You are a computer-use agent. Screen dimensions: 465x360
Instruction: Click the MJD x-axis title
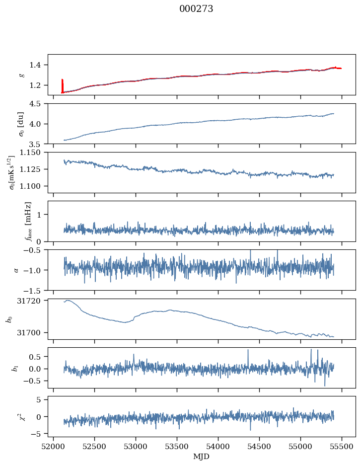[201, 457]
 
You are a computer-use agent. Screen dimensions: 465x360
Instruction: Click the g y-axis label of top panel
[21, 75]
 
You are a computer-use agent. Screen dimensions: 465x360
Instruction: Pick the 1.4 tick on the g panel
[39, 65]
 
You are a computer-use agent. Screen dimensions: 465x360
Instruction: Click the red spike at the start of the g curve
[62, 85]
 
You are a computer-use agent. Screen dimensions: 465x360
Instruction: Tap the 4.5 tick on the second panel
[39, 104]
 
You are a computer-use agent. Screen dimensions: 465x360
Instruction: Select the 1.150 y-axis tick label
[34, 153]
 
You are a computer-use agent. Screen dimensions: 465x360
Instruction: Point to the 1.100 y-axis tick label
[34, 186]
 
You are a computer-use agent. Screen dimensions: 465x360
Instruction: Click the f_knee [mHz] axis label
[28, 221]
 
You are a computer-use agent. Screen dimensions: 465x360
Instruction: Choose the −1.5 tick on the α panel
[37, 290]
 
